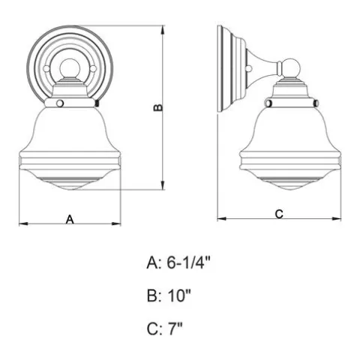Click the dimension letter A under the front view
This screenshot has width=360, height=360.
tap(70, 220)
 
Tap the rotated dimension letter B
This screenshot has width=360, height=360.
tap(158, 107)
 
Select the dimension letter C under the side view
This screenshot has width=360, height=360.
tap(279, 214)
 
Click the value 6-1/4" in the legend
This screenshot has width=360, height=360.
tap(189, 263)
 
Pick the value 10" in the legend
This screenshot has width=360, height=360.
tap(179, 295)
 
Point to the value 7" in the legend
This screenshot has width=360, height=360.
tap(175, 328)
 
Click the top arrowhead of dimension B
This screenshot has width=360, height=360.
tap(163, 30)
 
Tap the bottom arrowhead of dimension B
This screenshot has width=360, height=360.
tap(163, 185)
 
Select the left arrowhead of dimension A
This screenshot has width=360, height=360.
tap(24, 223)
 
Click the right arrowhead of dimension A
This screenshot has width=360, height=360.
tap(116, 223)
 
